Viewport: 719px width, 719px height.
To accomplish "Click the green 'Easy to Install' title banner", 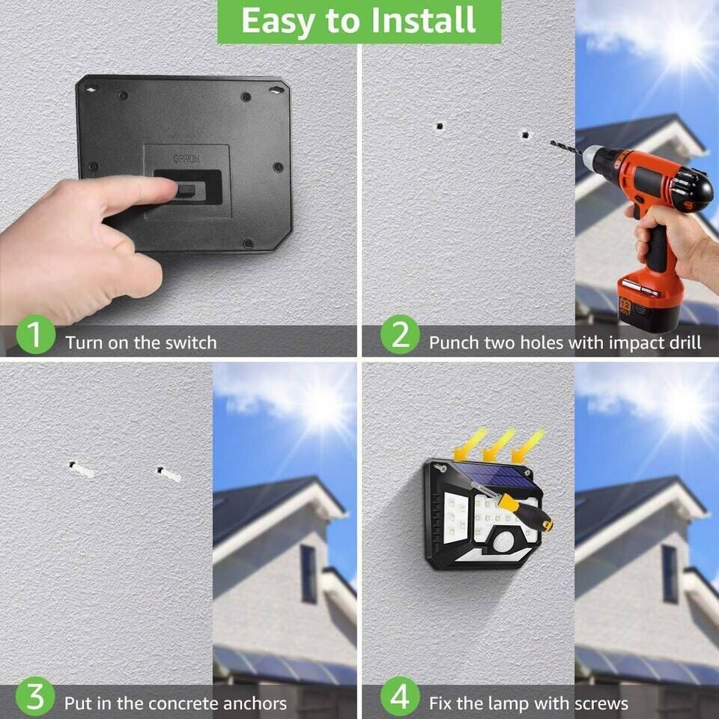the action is [x=359, y=22].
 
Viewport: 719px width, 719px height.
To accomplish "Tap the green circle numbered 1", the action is [x=36, y=334].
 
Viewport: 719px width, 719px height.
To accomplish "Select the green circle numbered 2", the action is [x=400, y=334].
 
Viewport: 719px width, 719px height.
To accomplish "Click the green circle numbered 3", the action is [x=35, y=697].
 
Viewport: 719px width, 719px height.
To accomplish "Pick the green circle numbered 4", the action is [x=400, y=697].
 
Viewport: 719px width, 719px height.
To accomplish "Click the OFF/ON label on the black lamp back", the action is [x=186, y=159].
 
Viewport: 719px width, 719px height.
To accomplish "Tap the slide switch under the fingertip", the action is [x=188, y=189].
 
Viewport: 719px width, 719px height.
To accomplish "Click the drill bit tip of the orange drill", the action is [x=552, y=142].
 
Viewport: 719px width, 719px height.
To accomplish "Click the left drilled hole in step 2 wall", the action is [x=440, y=126].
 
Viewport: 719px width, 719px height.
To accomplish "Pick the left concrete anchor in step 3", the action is [x=82, y=470].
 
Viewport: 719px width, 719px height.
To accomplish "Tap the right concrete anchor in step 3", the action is [x=169, y=475].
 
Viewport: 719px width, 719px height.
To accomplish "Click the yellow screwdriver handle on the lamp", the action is [x=526, y=512].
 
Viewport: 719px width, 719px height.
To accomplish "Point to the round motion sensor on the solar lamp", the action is [x=506, y=541].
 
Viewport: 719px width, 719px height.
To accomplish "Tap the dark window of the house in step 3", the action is [x=309, y=574].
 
